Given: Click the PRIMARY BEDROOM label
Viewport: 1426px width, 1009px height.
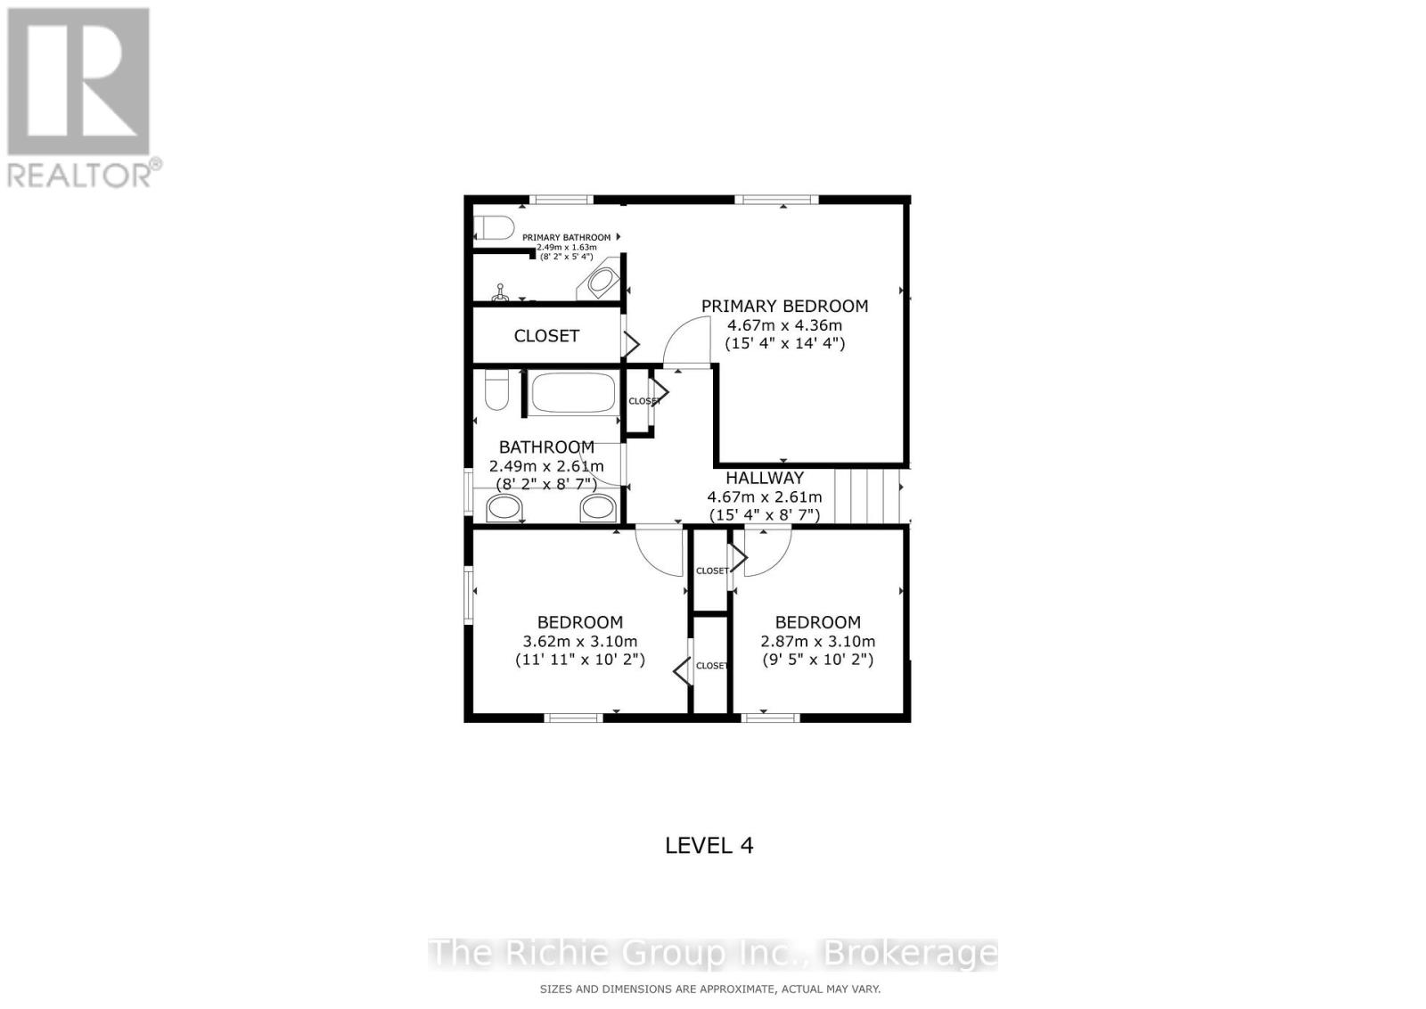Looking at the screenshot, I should [784, 306].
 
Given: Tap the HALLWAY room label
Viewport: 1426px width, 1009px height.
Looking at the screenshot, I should [764, 478].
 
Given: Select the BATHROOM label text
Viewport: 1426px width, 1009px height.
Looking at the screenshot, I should [546, 447].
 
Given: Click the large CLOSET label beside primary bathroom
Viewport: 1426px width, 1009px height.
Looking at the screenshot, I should [546, 335].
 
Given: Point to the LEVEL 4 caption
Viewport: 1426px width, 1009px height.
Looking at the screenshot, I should [709, 845].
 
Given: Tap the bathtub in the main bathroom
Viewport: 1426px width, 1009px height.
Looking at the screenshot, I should [572, 392].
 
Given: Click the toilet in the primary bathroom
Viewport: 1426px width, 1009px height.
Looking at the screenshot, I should [495, 227].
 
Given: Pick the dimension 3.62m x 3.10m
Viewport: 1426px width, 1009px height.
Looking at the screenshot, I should [579, 641].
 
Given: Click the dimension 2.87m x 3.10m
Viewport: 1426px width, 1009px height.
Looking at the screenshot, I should [817, 641].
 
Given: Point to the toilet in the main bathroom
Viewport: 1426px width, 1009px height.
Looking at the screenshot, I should [496, 390].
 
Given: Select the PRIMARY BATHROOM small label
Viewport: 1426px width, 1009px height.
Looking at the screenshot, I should [567, 237].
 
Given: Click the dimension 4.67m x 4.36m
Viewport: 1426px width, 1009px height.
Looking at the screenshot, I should [784, 325].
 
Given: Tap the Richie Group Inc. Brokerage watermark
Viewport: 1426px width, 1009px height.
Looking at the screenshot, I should [713, 953].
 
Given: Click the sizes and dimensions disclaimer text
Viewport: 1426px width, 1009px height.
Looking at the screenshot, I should [709, 988].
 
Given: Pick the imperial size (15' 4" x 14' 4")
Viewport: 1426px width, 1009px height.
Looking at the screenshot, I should [784, 343].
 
